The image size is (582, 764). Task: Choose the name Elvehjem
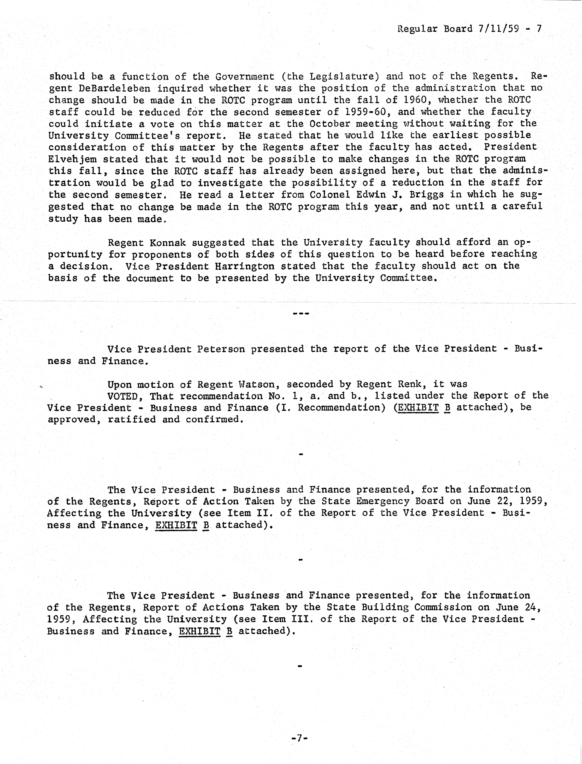click(72, 159)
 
